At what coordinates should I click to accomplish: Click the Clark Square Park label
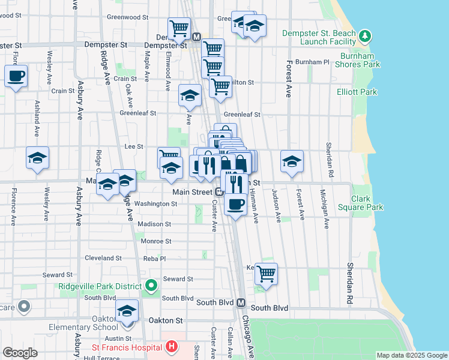(367, 203)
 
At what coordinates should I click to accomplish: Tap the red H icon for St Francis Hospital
(172, 346)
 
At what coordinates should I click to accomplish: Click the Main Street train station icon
(220, 192)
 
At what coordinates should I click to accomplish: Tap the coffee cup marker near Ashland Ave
(16, 77)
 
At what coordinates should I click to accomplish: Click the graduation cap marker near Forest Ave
(292, 161)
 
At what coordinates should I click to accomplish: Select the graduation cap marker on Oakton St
(127, 311)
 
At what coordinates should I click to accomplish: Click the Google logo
(20, 353)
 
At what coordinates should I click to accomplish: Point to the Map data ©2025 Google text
(411, 355)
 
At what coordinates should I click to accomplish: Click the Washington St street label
(155, 204)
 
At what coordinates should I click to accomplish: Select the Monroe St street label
(155, 241)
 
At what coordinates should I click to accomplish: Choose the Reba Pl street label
(154, 259)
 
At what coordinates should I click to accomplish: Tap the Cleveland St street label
(103, 258)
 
